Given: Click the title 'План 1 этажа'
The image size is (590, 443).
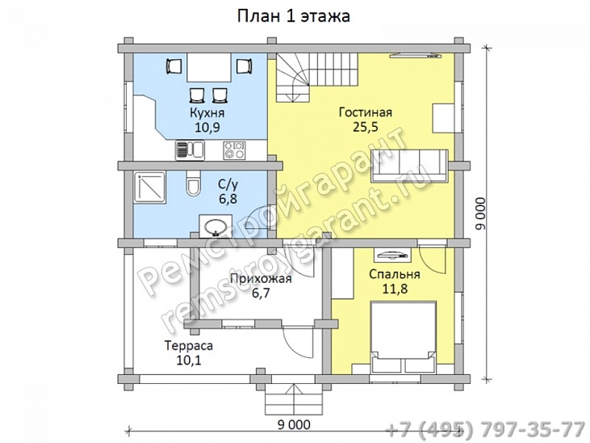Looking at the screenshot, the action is pyautogui.click(x=294, y=16).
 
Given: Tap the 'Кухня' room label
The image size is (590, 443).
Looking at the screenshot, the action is pyautogui.click(x=207, y=112).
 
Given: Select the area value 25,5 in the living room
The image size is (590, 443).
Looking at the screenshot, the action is pyautogui.click(x=365, y=127).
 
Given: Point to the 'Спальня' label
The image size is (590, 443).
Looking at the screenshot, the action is pyautogui.click(x=395, y=274).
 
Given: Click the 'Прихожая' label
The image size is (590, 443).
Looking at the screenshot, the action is pyautogui.click(x=261, y=279).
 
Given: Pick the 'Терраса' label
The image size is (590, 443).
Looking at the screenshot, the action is pyautogui.click(x=189, y=345).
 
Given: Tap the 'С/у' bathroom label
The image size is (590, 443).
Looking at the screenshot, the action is pyautogui.click(x=228, y=184).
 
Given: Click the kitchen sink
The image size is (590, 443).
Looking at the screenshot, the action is pyautogui.click(x=190, y=150).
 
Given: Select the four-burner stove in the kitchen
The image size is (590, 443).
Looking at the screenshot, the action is pyautogui.click(x=234, y=150).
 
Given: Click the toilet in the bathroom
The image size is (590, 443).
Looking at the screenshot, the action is pyautogui.click(x=193, y=183).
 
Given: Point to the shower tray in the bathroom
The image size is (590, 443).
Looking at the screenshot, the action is pyautogui.click(x=149, y=188).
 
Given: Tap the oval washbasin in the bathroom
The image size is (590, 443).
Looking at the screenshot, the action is pyautogui.click(x=215, y=226).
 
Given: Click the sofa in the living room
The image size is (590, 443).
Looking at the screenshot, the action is pyautogui.click(x=409, y=166).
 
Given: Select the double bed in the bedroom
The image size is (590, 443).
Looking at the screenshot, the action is pyautogui.click(x=404, y=337).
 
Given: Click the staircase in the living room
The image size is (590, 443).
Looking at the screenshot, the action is pyautogui.click(x=316, y=78).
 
